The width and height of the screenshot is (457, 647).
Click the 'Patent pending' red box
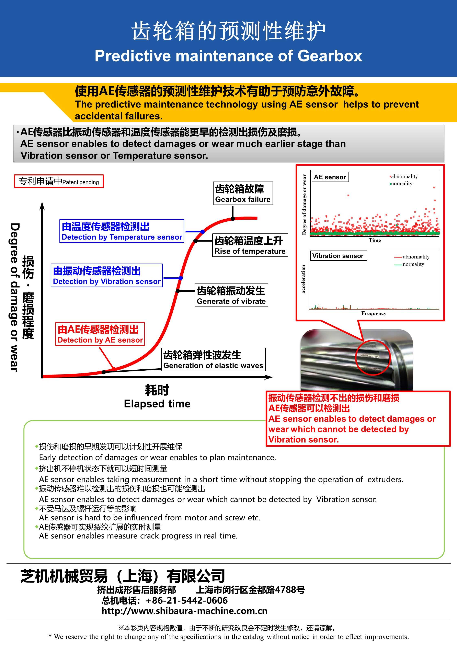59,181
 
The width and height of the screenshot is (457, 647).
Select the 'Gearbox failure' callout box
243,193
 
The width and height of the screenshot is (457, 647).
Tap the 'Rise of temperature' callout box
250,245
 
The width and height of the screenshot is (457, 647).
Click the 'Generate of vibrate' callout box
231,295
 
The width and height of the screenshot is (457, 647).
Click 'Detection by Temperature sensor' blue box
122,231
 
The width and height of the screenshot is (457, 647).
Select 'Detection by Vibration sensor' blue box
107,275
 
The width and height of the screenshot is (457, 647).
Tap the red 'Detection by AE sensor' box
100,334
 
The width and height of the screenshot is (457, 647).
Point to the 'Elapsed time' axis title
157,404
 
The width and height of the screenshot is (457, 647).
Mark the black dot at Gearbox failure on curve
233,218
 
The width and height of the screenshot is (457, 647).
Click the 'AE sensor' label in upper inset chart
330,177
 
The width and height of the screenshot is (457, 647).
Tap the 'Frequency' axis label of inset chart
374,313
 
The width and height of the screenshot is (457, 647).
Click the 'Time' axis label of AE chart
375,240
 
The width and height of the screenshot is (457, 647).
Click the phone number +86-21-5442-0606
187,600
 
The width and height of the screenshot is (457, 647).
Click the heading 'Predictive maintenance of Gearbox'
228,56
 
